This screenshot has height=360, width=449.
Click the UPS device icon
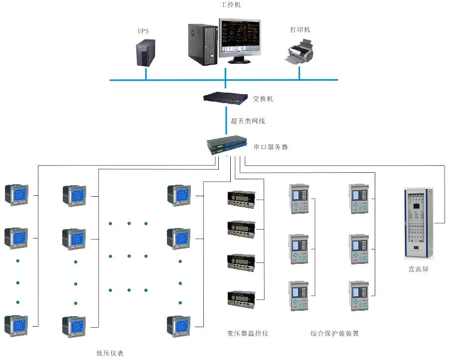[x=144, y=54]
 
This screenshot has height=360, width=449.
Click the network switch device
[x=225, y=98]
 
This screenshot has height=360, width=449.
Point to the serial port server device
[x=227, y=145]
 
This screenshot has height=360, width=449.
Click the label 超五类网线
[x=247, y=121]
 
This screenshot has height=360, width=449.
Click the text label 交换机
[x=263, y=99]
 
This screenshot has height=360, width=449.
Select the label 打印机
[x=300, y=30]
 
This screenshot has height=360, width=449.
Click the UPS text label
[x=143, y=31]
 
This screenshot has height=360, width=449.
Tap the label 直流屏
[x=419, y=269]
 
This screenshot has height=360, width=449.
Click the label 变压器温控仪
[x=248, y=333]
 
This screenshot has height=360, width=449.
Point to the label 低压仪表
[x=110, y=353]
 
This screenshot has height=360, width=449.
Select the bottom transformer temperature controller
[x=242, y=298]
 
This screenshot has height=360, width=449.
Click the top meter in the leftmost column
[x=16, y=195]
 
